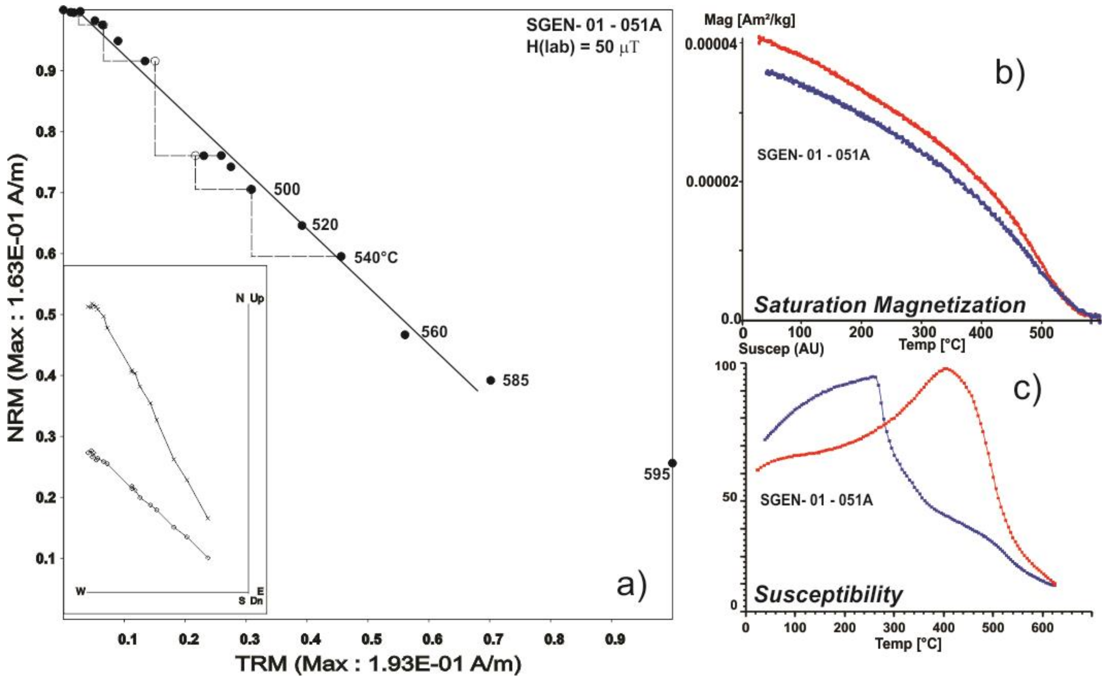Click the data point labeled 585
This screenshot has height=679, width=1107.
pyautogui.click(x=491, y=380)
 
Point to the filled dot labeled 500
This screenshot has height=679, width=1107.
pyautogui.click(x=251, y=190)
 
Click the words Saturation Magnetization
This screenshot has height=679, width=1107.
pyautogui.click(x=890, y=305)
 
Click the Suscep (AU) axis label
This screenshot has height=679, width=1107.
pyautogui.click(x=781, y=348)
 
